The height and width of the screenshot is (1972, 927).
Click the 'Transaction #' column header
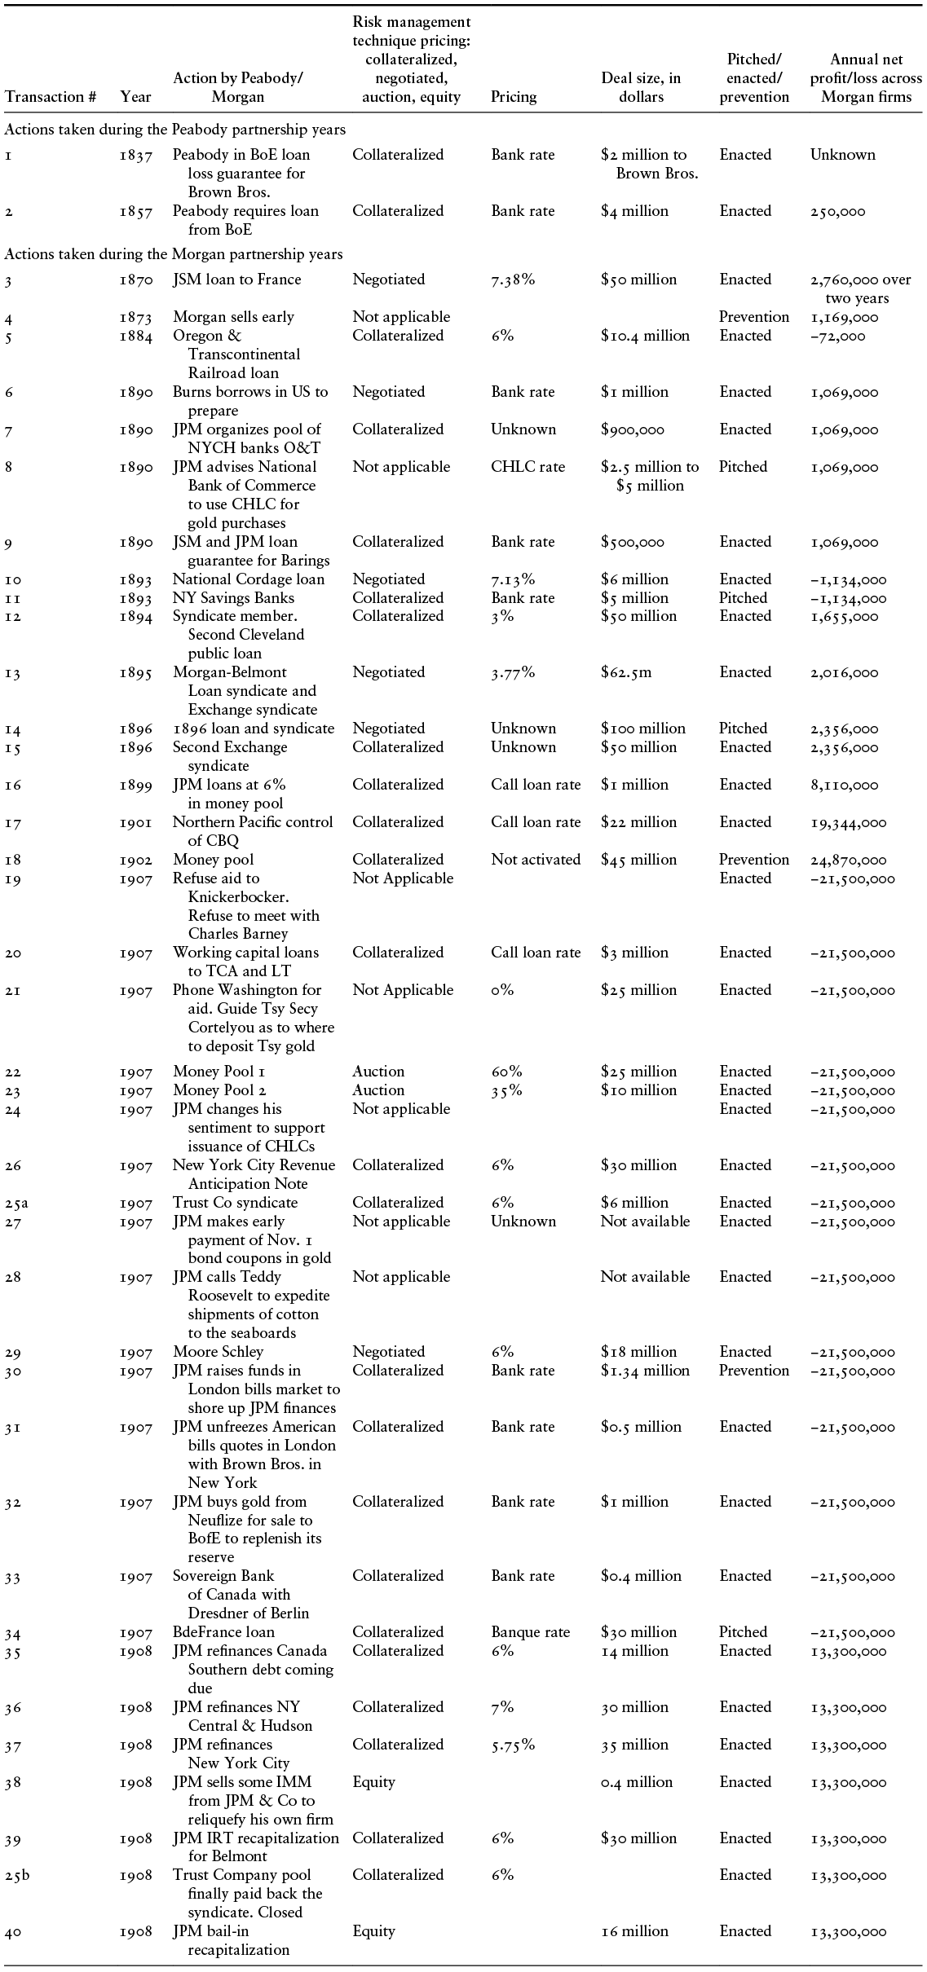(x=51, y=97)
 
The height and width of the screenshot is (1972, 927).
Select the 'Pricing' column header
(x=514, y=97)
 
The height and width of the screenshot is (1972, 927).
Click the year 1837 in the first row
(x=135, y=155)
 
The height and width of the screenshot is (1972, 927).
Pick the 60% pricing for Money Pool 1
(x=506, y=1072)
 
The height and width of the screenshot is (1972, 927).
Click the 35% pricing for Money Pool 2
(x=506, y=1090)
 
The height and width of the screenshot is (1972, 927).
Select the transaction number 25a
(x=16, y=1203)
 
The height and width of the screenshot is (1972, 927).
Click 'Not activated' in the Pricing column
(x=536, y=860)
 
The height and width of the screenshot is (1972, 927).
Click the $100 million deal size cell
(x=642, y=728)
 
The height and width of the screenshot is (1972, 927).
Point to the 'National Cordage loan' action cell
(x=248, y=579)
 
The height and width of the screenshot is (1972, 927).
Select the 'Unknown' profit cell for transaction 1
(x=842, y=155)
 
